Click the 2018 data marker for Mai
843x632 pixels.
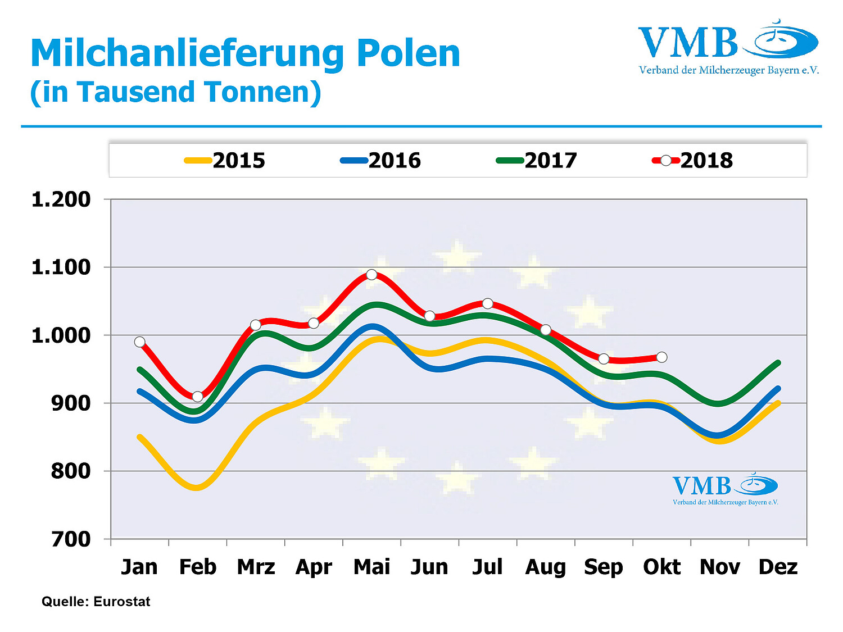(371, 275)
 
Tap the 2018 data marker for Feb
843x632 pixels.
(197, 397)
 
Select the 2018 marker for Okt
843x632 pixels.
(661, 357)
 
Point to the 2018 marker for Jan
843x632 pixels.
(140, 342)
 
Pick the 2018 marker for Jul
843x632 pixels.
(487, 303)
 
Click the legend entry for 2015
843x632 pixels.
(225, 161)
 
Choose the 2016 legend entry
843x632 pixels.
(381, 161)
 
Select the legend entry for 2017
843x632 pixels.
(537, 161)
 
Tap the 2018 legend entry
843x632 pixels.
(693, 161)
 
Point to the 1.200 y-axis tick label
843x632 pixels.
(61, 199)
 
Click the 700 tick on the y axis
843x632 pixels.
(71, 539)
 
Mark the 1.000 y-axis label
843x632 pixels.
(61, 335)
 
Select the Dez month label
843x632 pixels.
(778, 567)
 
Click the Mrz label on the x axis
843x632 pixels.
(256, 567)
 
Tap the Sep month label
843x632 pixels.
(604, 567)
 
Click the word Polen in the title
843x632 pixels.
(409, 53)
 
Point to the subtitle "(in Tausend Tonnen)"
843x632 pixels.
(175, 92)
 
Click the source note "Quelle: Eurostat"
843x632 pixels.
(96, 602)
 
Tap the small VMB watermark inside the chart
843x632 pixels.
(725, 489)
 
